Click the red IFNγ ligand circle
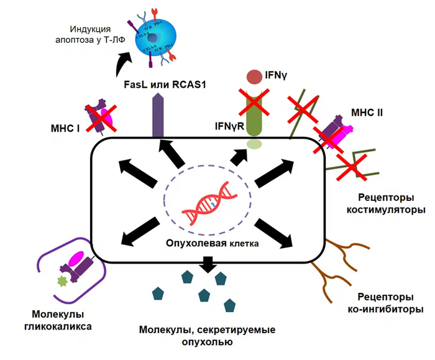254,77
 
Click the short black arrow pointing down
207,264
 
